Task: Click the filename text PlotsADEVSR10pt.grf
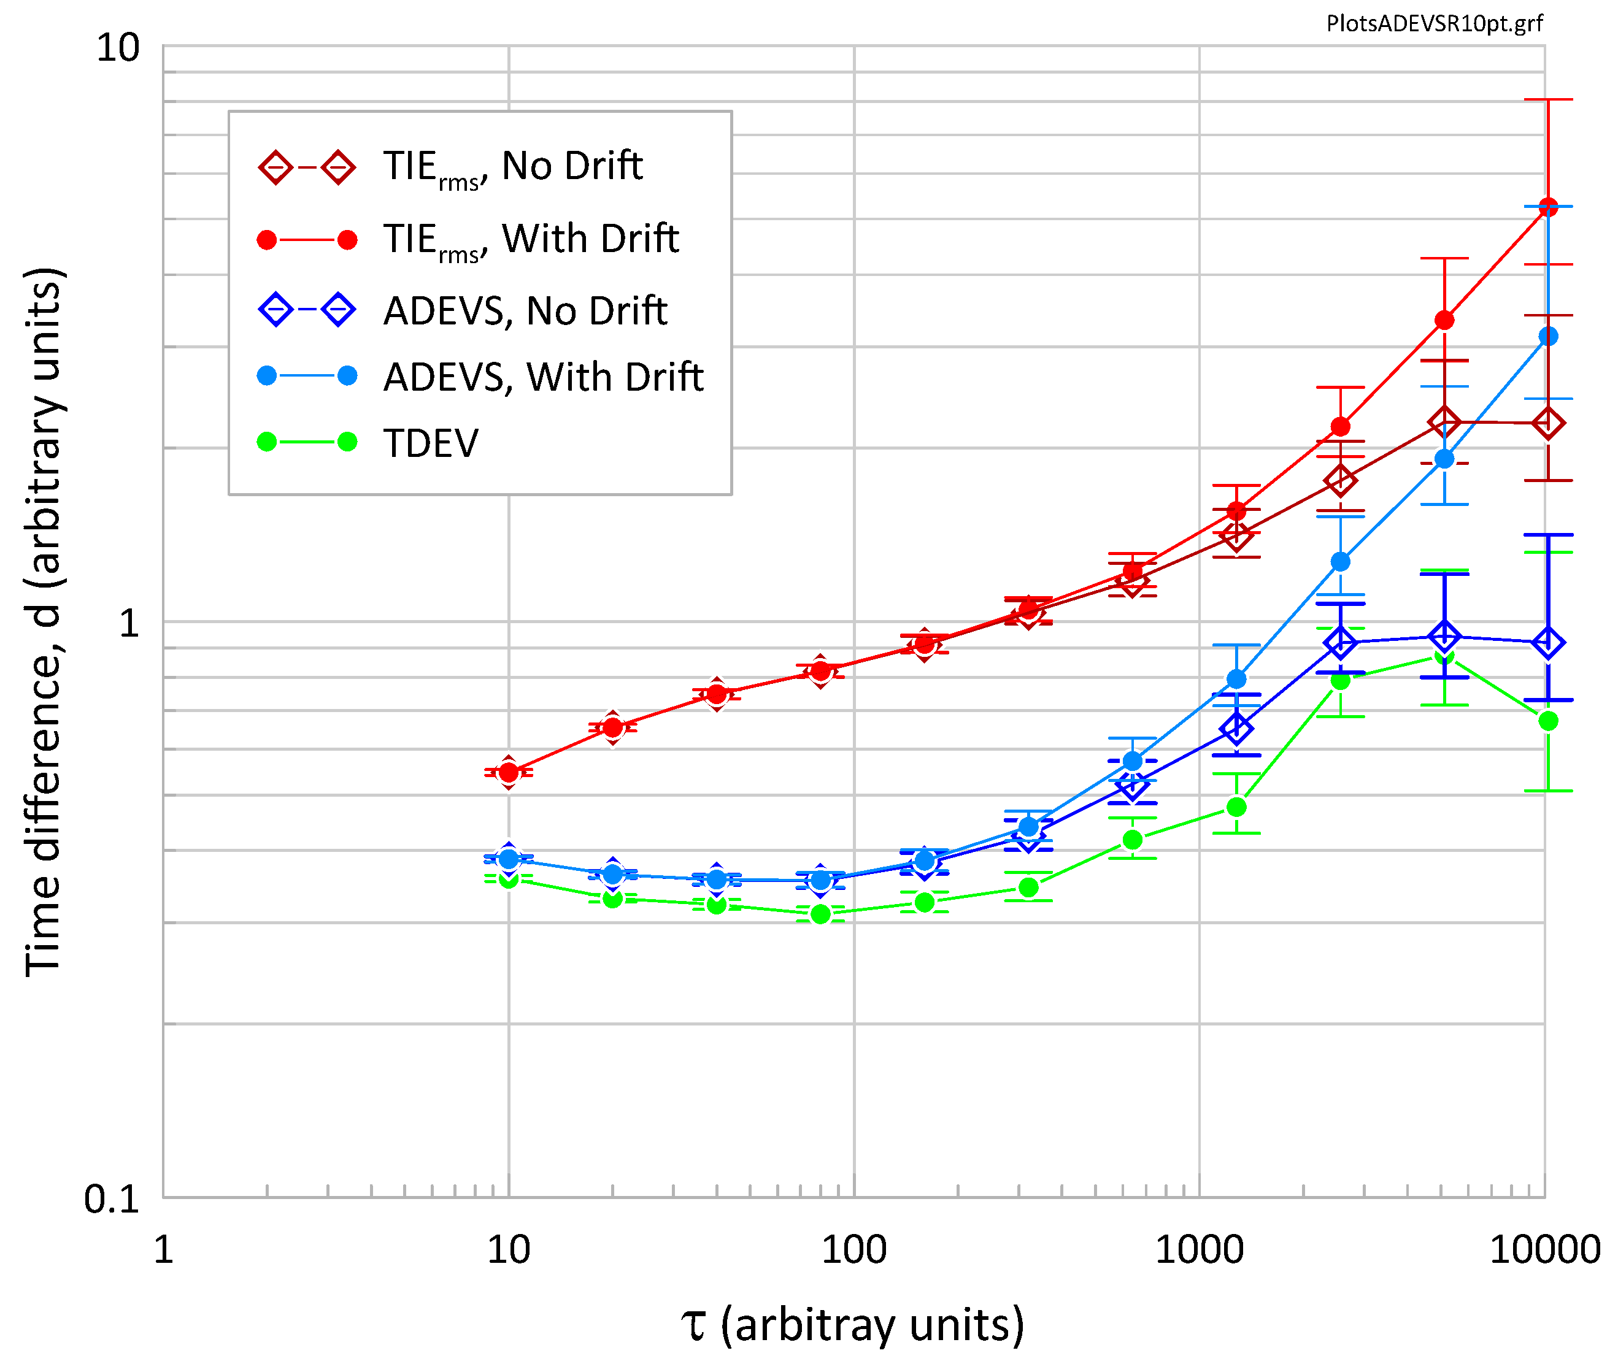[1434, 23]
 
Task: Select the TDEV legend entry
[430, 443]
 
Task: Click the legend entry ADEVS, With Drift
[542, 377]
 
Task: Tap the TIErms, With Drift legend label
[531, 240]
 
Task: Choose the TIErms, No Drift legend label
[512, 166]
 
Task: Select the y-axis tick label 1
[129, 623]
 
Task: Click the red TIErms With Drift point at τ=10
[509, 772]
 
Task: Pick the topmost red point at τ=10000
[1548, 207]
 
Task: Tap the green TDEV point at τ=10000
[1548, 721]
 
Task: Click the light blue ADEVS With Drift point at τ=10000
[1548, 336]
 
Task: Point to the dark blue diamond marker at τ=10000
[1548, 642]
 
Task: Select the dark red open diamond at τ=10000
[1548, 423]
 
